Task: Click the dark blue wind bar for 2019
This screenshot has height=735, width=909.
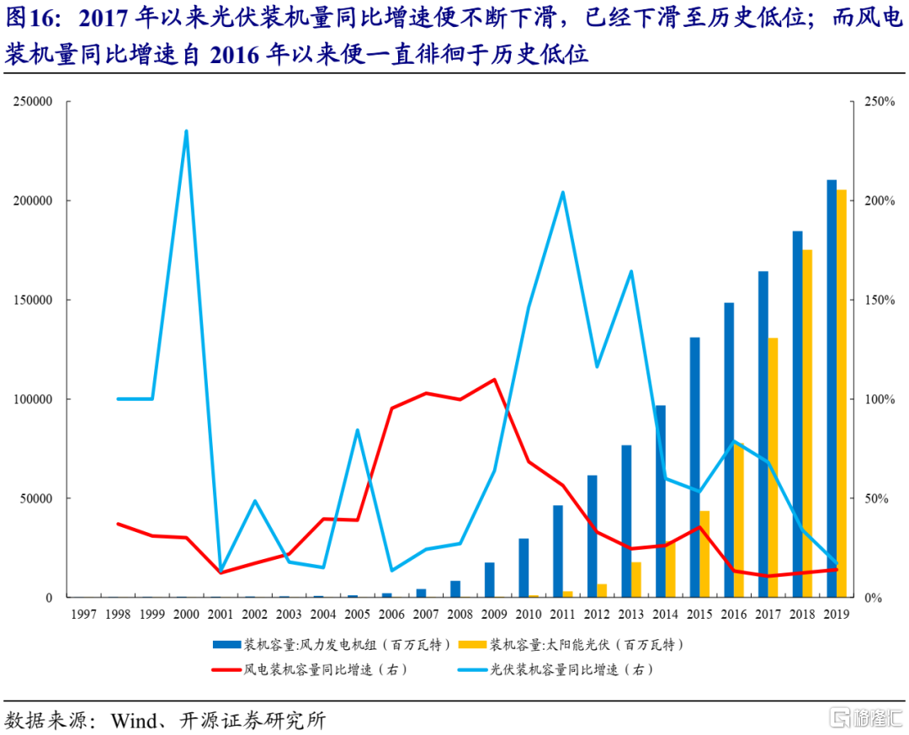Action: point(832,388)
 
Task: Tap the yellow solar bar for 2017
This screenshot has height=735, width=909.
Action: point(773,467)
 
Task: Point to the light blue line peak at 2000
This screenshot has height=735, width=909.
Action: point(186,131)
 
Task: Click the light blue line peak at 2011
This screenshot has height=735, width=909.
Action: point(562,193)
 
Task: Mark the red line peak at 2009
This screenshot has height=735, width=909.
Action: point(494,380)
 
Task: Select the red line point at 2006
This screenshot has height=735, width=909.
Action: point(391,408)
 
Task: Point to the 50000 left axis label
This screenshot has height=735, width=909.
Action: point(36,498)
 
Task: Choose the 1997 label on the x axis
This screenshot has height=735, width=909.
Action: point(83,615)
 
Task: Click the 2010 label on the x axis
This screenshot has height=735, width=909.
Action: point(529,615)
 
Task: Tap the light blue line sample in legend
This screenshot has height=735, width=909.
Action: point(472,670)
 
